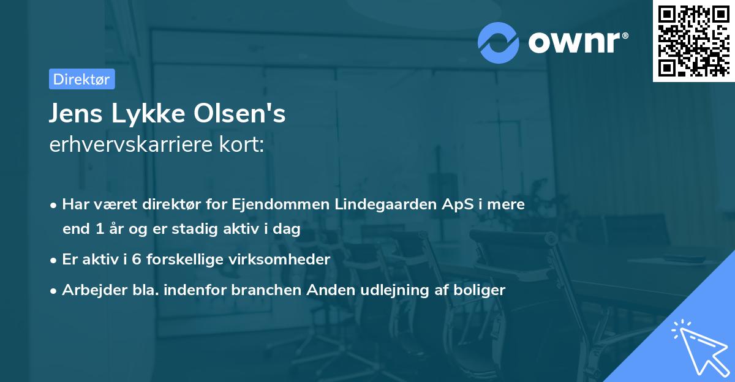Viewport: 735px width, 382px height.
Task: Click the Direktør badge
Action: click(81, 79)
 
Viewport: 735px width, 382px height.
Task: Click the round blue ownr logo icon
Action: click(499, 42)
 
